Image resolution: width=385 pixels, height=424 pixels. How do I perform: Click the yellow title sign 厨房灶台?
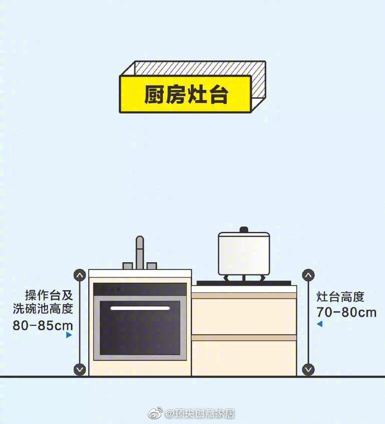point(185,94)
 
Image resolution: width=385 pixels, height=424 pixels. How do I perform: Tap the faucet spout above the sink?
point(140,253)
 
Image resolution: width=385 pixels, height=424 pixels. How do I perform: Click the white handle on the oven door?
point(140,309)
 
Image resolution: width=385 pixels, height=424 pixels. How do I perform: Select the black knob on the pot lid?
point(244,230)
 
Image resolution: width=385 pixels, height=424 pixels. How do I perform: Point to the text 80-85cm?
point(43,325)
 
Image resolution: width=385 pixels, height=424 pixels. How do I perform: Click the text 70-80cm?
point(346,312)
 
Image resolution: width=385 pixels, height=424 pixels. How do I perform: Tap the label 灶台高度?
point(340,297)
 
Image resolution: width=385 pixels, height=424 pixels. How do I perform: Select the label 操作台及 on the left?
point(49,295)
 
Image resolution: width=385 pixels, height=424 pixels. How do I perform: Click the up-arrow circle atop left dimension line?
point(80,275)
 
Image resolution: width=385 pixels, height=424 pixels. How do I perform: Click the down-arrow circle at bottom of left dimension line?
point(80,369)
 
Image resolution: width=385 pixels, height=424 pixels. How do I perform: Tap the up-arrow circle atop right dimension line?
point(308,275)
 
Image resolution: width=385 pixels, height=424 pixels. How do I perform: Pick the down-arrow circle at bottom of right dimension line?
point(308,369)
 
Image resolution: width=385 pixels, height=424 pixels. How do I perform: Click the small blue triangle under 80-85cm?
point(69,335)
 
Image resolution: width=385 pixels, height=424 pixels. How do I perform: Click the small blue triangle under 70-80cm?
point(320,324)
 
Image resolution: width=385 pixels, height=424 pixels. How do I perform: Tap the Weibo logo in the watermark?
point(155,413)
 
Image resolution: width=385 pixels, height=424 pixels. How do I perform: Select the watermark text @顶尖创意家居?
point(200,413)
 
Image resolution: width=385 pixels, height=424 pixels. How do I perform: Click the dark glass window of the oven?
point(140,327)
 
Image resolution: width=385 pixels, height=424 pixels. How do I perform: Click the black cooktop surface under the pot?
point(244,283)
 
